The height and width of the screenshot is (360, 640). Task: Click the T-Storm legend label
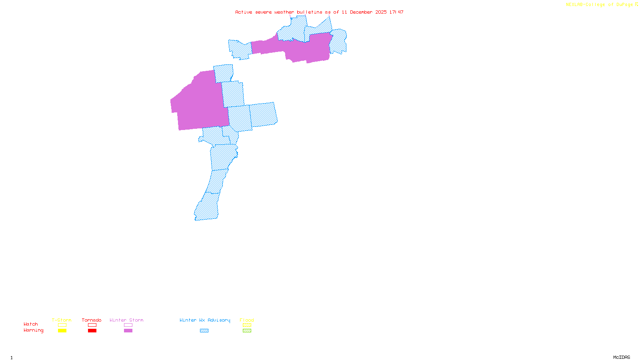coord(62,320)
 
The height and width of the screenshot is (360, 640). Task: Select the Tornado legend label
coord(92,320)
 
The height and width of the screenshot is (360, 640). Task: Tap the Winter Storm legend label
coord(126,320)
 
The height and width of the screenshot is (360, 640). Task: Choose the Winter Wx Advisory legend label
coord(205,320)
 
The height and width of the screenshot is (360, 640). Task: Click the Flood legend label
coord(247,320)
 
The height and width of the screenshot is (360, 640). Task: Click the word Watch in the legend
coord(31,324)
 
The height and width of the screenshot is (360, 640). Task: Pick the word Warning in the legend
coord(34,330)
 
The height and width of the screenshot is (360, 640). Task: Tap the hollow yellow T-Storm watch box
coord(62,325)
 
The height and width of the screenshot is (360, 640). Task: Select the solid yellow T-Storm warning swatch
coord(62,331)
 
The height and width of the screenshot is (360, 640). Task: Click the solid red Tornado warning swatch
coord(92,331)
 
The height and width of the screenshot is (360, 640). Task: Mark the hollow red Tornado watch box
coord(92,325)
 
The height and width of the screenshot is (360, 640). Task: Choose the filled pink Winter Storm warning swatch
coord(128,331)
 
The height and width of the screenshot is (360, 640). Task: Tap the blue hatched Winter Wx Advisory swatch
coord(204,331)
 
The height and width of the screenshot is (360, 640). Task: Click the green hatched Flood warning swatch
coord(247,331)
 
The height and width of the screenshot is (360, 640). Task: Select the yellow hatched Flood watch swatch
coord(247,325)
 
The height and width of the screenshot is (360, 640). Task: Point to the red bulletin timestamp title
coord(319,12)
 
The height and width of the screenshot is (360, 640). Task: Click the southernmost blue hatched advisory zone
coord(207,208)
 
